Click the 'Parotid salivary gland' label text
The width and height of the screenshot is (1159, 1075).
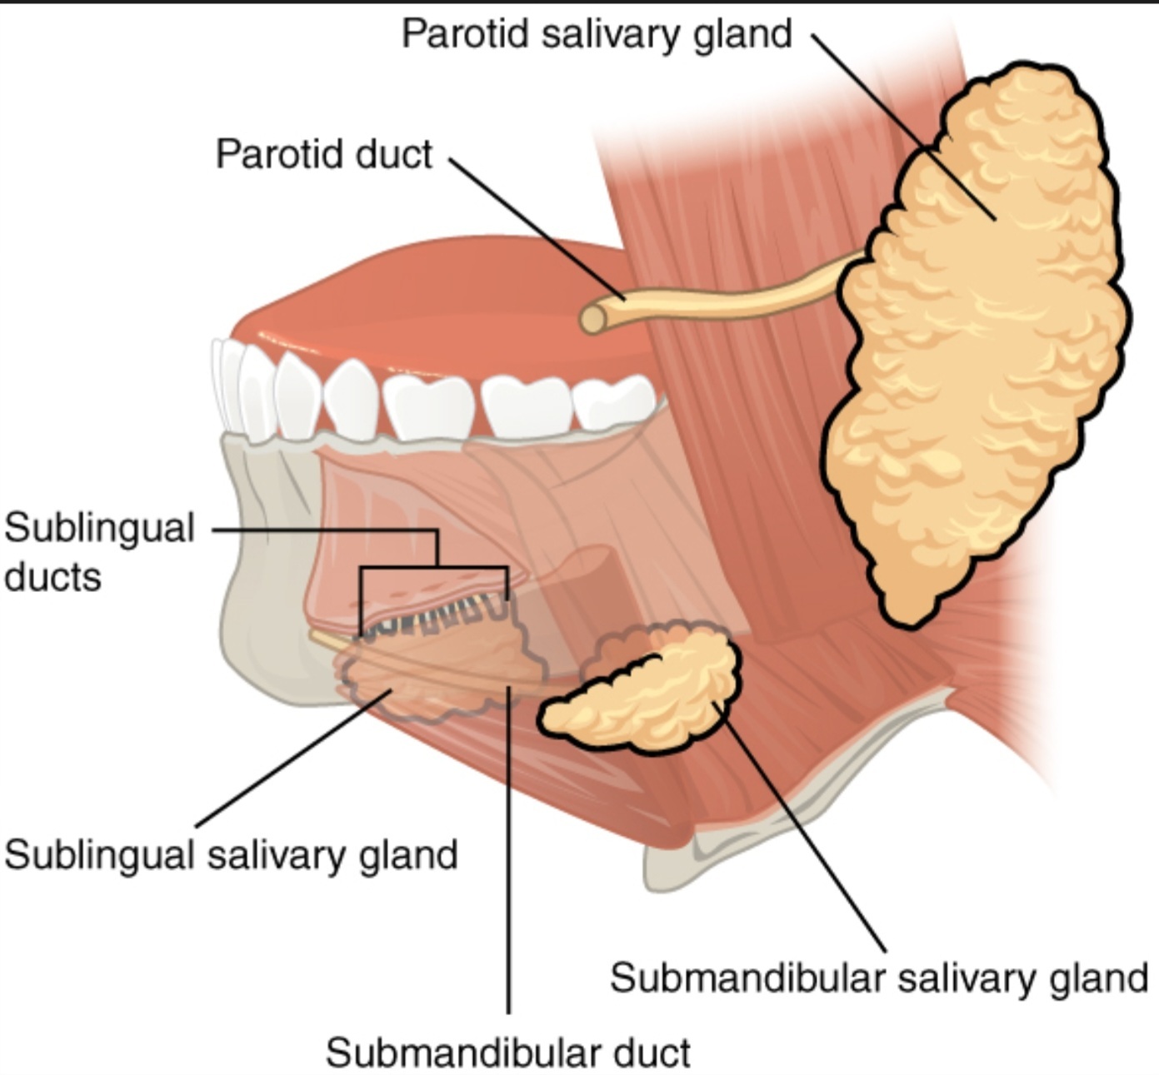point(597,35)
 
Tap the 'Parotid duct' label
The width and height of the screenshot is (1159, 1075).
point(324,155)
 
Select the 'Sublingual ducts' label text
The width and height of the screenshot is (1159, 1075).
point(99,552)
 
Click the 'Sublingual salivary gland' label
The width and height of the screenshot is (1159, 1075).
point(231,855)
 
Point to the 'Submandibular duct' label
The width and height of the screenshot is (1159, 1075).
point(507,1053)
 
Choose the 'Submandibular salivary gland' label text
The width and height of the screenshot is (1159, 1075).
point(879,978)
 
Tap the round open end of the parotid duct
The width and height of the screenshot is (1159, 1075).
point(593,318)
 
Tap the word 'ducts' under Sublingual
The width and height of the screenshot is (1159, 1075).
point(52,577)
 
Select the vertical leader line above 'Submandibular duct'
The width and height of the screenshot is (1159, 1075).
point(508,851)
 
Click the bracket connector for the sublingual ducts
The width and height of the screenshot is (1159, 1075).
point(435,565)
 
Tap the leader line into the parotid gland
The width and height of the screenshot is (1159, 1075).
point(903,127)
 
